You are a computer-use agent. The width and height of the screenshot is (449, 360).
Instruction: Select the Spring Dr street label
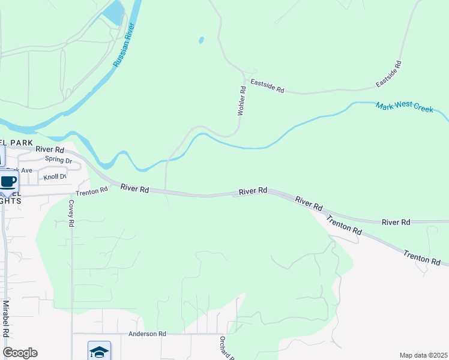(59, 160)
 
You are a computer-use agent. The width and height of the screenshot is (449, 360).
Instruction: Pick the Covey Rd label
(71, 213)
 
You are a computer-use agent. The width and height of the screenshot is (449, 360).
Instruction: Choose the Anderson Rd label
(146, 334)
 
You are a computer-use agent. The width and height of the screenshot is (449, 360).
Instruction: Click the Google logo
(20, 353)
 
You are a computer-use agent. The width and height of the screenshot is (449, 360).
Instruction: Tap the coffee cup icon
(8, 181)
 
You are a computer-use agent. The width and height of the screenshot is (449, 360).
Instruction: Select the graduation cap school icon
(99, 351)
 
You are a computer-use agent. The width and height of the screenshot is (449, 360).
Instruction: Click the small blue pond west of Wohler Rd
(201, 41)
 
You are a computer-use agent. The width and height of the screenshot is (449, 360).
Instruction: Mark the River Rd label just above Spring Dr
(49, 149)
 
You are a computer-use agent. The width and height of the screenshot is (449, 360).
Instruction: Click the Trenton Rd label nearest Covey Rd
(91, 191)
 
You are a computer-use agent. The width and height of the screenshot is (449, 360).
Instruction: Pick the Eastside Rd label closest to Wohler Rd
(267, 87)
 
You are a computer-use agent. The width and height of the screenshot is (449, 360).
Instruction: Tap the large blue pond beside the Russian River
(113, 12)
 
